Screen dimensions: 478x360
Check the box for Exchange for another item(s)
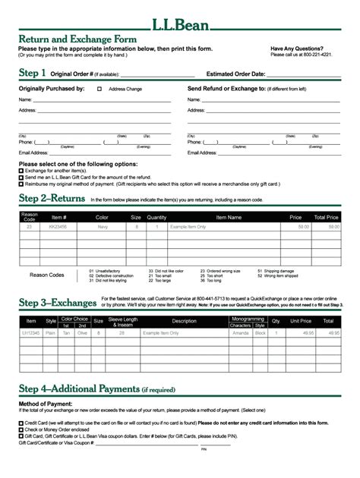click(x=21, y=171)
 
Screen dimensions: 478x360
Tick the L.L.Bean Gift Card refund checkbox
click(x=21, y=177)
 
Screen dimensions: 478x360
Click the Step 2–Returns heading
click(x=52, y=199)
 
